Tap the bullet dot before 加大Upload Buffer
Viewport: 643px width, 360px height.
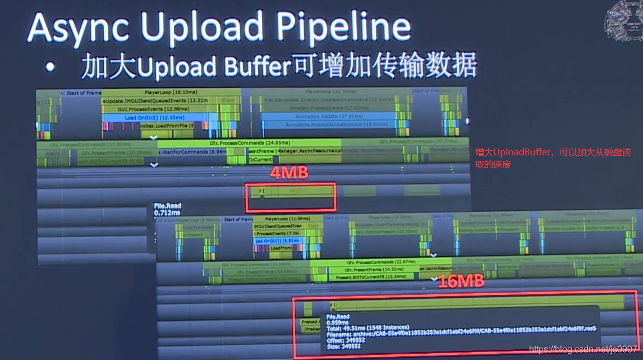[51, 68]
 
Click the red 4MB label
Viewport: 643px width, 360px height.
[289, 173]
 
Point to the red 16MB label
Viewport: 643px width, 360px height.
[461, 281]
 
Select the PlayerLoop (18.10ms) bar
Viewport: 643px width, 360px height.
[171, 92]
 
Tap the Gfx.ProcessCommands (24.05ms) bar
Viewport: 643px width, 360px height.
[250, 143]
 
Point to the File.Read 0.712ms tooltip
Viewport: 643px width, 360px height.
[167, 209]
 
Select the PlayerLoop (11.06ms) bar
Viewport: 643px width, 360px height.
[286, 219]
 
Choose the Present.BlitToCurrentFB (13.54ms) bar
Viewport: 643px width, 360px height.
[362, 276]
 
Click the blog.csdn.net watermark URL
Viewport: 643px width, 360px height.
[584, 349]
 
